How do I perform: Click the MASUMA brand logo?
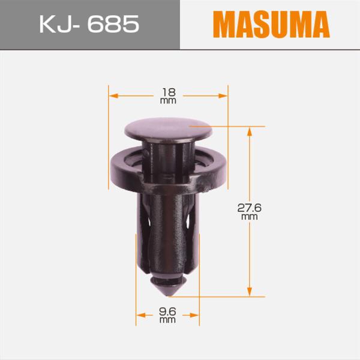click(271, 25)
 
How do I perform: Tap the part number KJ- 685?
click(89, 24)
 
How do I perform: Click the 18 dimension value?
click(169, 92)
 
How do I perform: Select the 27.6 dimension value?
click(250, 208)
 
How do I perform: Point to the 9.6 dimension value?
click(167, 312)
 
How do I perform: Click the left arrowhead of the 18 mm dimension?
click(113, 96)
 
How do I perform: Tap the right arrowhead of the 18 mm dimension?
click(223, 96)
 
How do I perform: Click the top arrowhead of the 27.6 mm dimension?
click(250, 131)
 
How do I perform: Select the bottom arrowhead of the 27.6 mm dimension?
click(250, 292)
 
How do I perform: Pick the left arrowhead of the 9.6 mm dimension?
click(141, 315)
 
